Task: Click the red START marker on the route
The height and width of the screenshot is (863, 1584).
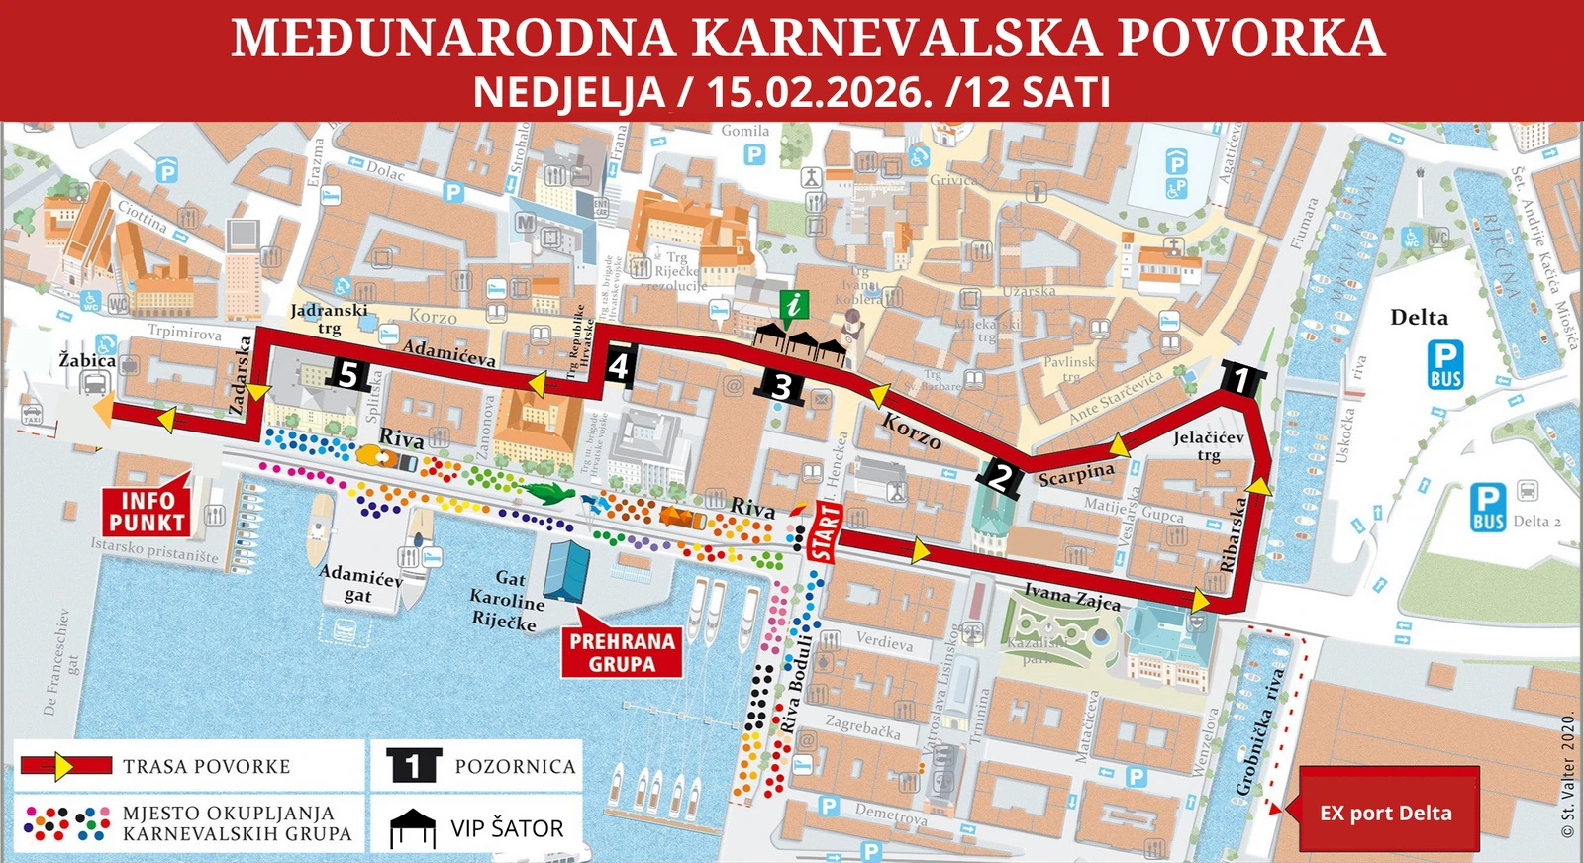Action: (825, 530)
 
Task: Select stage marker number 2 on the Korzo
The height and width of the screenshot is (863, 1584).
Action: (1002, 476)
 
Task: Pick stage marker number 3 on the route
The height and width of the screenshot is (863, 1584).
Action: (782, 386)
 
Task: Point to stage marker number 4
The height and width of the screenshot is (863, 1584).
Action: (619, 366)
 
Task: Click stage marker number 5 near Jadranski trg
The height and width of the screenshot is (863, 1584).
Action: (347, 374)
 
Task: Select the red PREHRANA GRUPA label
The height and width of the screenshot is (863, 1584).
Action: (622, 653)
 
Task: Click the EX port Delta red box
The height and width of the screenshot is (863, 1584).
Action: (1387, 813)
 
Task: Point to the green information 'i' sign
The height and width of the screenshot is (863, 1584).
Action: (793, 305)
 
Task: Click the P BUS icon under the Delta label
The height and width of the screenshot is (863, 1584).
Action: (1445, 364)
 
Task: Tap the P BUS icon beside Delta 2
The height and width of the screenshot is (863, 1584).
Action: (1488, 508)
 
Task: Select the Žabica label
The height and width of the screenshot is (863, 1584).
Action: (87, 360)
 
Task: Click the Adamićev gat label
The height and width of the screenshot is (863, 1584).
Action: (360, 584)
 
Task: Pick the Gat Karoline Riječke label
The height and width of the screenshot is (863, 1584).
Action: (507, 600)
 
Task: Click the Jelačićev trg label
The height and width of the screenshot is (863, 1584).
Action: (1208, 445)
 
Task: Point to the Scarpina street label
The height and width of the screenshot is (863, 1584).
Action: (1076, 475)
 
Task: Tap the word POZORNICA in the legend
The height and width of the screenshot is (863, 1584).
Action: (515, 767)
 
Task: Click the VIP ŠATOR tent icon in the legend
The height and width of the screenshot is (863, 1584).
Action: (413, 828)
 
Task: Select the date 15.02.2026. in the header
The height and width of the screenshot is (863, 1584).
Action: (820, 92)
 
